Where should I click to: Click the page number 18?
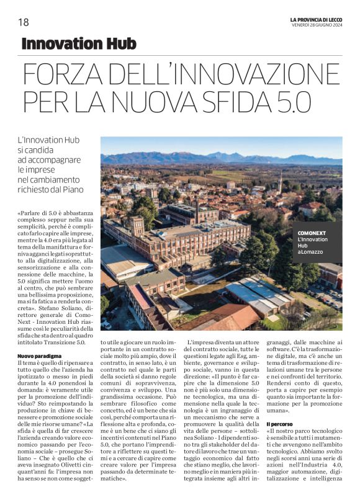pos(24,22)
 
